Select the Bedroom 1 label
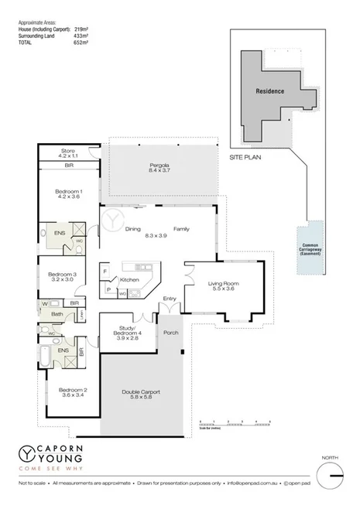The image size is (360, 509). point(70,193)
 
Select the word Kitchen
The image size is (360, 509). point(129,279)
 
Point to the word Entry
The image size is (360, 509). point(170,299)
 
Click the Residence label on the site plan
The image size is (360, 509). point(270,91)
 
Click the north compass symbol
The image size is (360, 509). point(333,472)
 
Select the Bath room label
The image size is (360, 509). point(57,314)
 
